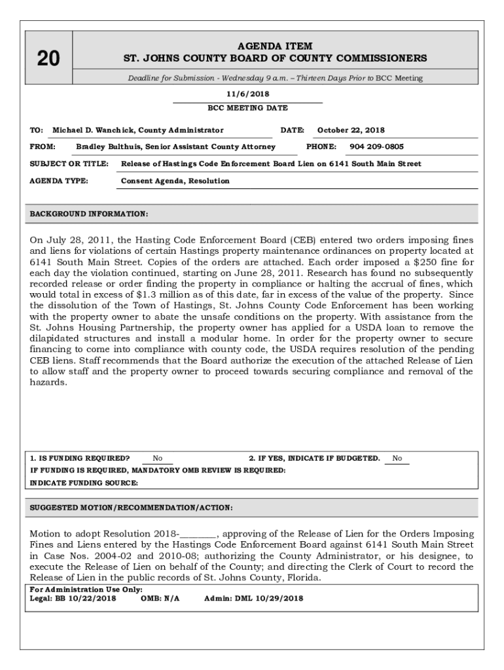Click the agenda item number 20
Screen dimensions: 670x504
pyautogui.click(x=48, y=59)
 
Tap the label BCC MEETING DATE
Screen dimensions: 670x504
pyautogui.click(x=247, y=108)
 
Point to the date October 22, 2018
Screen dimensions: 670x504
pyautogui.click(x=351, y=130)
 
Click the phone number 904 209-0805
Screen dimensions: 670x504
pyautogui.click(x=376, y=147)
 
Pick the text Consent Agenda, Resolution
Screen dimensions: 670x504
pyautogui.click(x=175, y=181)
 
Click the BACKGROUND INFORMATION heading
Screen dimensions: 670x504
pyautogui.click(x=89, y=214)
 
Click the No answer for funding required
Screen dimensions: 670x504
pyautogui.click(x=158, y=459)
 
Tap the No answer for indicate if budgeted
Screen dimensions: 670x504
pyautogui.click(x=397, y=459)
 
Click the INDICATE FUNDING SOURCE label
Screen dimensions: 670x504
pyautogui.click(x=84, y=483)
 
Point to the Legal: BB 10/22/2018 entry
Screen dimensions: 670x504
pyautogui.click(x=73, y=598)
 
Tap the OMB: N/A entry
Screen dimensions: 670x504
pyautogui.click(x=160, y=598)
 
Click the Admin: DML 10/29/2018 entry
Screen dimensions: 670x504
pyautogui.click(x=254, y=598)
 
